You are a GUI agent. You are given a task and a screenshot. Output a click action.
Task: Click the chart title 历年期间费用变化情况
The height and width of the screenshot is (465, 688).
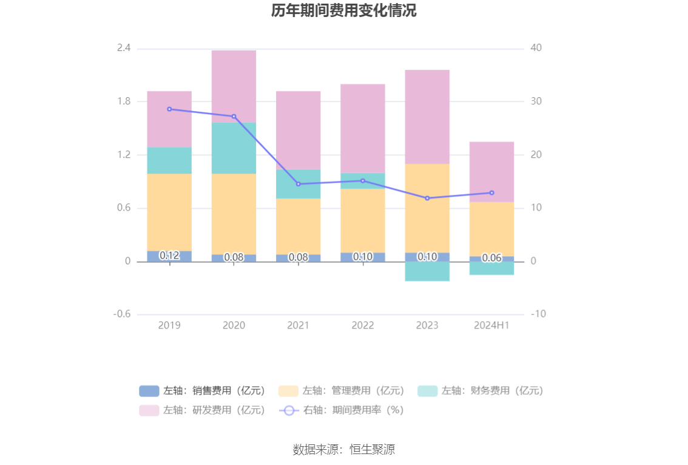pos(343,11)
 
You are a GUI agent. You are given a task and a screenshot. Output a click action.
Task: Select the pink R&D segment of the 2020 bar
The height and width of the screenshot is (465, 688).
pos(234,86)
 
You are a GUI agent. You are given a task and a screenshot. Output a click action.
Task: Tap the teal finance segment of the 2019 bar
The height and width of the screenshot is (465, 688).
pos(169,160)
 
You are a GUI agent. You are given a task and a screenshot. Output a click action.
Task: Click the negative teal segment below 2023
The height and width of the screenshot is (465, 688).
pos(427,271)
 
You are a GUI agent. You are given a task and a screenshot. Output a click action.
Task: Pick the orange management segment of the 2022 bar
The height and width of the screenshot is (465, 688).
pos(363,220)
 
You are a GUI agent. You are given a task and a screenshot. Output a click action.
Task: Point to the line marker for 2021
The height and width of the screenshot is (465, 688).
pos(298,184)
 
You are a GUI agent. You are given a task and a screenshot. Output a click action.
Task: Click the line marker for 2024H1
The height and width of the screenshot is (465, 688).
pos(491,192)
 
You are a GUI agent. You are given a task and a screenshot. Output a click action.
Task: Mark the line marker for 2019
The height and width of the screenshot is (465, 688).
pos(169,109)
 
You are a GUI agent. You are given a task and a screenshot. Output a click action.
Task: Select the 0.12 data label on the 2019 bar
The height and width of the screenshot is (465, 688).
pos(169,256)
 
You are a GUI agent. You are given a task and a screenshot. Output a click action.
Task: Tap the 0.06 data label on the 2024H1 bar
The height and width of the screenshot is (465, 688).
pos(491,258)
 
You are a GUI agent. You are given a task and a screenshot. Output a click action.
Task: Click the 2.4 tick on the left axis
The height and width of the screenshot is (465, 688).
pos(124,48)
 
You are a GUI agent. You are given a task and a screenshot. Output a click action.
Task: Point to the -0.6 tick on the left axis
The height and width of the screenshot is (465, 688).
pos(122,314)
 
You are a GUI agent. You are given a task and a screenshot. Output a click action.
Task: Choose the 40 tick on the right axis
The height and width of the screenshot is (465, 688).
pos(536,48)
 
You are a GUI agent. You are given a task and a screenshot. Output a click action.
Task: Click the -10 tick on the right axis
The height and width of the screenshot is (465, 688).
pos(538,314)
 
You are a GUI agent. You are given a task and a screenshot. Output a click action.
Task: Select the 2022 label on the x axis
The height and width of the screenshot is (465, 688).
pos(363,325)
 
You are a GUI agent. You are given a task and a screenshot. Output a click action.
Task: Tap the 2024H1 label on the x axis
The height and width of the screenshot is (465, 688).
pos(491,325)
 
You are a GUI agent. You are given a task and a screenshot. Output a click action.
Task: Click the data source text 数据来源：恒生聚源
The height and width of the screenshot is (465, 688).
pos(343,450)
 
